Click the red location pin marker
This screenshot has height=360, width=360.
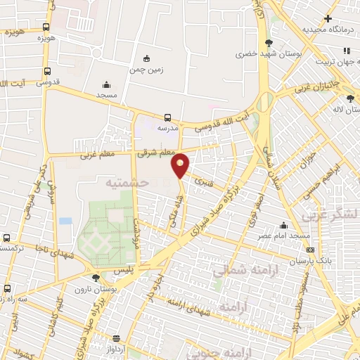coord(181,165)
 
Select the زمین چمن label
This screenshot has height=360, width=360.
coord(146,70)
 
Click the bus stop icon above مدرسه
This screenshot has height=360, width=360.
coord(167,118)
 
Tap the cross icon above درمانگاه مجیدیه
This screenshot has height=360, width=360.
coord(328,19)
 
